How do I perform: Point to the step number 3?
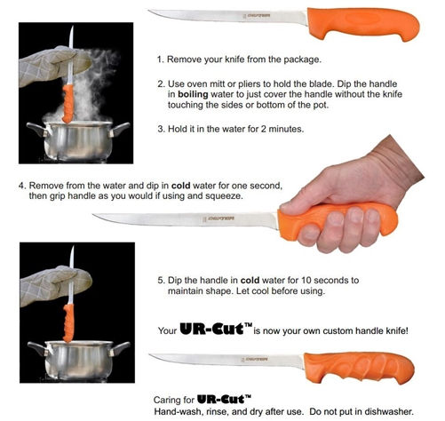tap(161, 128)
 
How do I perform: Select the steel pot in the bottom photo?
tap(75, 360)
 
